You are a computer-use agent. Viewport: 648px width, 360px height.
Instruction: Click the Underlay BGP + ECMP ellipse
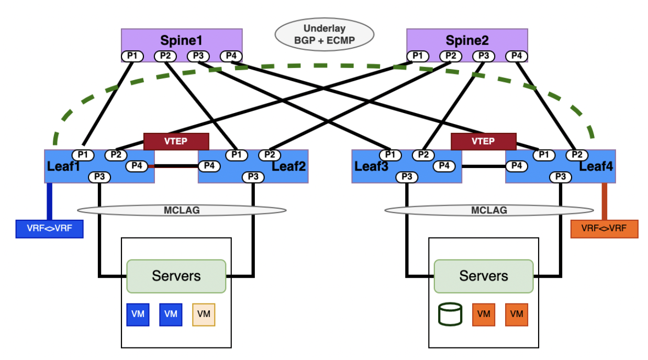pyautogui.click(x=325, y=34)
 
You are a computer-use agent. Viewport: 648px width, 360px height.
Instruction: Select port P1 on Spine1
pyautogui.click(x=132, y=55)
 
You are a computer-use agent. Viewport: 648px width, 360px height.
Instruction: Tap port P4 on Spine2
pyautogui.click(x=516, y=55)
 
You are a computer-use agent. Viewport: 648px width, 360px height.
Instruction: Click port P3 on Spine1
pyautogui.click(x=198, y=55)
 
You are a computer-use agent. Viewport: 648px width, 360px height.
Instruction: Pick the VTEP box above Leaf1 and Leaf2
pyautogui.click(x=176, y=141)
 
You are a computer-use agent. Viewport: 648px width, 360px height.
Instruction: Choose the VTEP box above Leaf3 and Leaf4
pyautogui.click(x=483, y=141)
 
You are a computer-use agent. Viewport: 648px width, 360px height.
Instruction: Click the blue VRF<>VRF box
pyautogui.click(x=50, y=229)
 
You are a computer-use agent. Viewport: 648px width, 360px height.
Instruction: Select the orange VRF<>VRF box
pyautogui.click(x=604, y=229)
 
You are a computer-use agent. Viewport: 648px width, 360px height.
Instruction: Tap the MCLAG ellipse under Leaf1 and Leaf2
pyautogui.click(x=182, y=210)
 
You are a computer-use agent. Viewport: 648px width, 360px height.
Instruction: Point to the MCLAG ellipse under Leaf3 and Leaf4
pyautogui.click(x=489, y=210)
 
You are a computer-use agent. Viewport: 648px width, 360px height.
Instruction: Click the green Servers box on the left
pyautogui.click(x=176, y=276)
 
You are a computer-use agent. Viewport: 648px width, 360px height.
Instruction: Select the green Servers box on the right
pyautogui.click(x=483, y=276)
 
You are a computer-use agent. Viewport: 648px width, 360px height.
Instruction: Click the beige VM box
pyautogui.click(x=204, y=314)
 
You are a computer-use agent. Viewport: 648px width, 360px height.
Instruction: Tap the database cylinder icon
pyautogui.click(x=450, y=314)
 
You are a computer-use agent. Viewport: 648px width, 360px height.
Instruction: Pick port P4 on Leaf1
pyautogui.click(x=137, y=166)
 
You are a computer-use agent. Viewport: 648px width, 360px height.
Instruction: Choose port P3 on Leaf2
pyautogui.click(x=253, y=177)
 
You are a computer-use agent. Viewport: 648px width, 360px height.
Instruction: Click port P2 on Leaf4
pyautogui.click(x=577, y=154)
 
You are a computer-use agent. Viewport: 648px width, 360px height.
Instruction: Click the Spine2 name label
pyautogui.click(x=466, y=40)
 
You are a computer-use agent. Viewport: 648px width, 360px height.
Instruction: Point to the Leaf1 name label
pyautogui.click(x=62, y=166)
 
